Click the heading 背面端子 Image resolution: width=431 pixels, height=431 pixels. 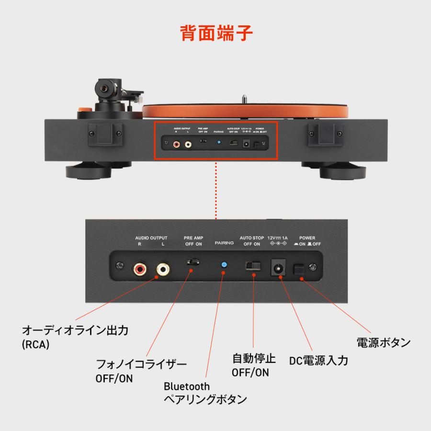216,33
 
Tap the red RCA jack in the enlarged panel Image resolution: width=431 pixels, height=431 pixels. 141,269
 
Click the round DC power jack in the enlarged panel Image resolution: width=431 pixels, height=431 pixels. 278,268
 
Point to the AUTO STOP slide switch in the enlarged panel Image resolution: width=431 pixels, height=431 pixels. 252,265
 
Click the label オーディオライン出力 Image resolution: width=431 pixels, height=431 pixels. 76,330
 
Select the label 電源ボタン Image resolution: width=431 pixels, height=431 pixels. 384,342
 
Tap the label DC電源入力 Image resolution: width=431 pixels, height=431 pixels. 318,360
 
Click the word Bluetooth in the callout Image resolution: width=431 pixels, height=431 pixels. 186,386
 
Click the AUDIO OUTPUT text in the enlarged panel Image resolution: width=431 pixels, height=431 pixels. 152,238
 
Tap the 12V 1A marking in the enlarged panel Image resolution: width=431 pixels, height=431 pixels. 278,238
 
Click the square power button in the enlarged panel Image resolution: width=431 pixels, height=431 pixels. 298,271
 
